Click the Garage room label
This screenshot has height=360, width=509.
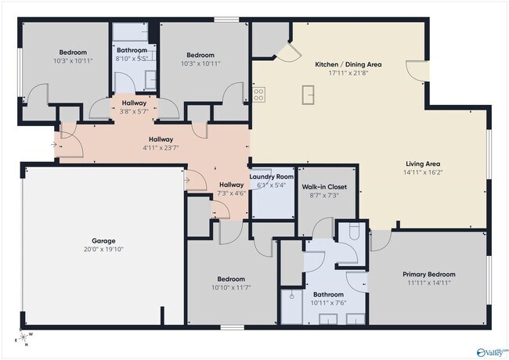click(x=103, y=241)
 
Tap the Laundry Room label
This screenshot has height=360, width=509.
click(x=271, y=177)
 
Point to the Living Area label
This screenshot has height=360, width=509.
click(x=422, y=164)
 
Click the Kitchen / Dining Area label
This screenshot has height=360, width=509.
click(x=348, y=64)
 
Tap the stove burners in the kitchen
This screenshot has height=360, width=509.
click(x=258, y=95)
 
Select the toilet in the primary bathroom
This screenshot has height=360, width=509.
click(x=354, y=232)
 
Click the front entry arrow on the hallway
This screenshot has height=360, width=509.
click(x=53, y=144)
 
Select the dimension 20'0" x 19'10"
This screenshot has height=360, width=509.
click(x=103, y=250)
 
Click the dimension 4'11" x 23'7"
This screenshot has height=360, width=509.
click(x=161, y=147)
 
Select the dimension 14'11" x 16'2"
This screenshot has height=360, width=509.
click(x=422, y=172)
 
